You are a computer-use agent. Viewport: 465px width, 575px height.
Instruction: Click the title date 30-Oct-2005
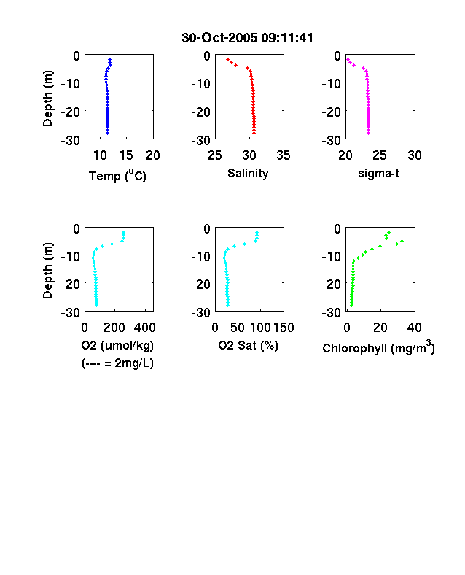pos(219,38)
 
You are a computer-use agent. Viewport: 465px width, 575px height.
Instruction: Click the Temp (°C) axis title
pos(117,176)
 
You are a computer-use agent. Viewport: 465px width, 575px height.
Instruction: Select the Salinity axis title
pos(248,173)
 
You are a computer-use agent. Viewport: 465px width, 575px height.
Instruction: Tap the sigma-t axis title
pos(378,173)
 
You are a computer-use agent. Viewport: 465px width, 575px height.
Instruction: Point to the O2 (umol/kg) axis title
pos(117,345)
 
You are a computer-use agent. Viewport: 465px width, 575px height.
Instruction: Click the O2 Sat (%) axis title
pos(249,345)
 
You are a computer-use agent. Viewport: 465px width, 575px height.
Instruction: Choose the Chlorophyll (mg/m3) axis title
pos(378,347)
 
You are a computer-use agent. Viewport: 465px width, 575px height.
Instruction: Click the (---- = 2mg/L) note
pos(117,363)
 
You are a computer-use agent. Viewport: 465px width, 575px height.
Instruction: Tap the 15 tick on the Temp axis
pos(126,155)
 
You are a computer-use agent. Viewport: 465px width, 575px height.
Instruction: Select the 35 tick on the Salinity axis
pos(284,155)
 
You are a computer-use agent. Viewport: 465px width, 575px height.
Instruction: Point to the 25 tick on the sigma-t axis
pos(379,155)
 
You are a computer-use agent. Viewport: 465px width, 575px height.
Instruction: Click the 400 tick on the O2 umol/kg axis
pos(144,328)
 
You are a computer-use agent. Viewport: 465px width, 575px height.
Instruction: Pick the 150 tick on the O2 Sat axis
pos(284,328)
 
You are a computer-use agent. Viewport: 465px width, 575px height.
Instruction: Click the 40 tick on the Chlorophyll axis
pos(414,328)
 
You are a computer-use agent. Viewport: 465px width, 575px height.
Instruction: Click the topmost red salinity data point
pos(227,59)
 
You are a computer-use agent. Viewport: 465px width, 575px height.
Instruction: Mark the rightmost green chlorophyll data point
pos(402,241)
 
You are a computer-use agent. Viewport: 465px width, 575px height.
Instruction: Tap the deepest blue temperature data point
pos(108,133)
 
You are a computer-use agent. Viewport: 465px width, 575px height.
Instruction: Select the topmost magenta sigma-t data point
pos(348,59)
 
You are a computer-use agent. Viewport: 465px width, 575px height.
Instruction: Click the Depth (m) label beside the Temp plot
pos(47,99)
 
